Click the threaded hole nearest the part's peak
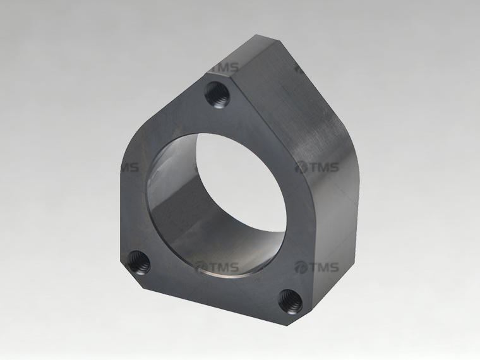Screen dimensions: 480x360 click(217, 95)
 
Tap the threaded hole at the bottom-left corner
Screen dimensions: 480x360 click(139, 262)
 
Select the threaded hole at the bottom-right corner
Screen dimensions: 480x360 click(291, 301)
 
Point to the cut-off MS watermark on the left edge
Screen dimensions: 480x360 click(130, 168)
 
